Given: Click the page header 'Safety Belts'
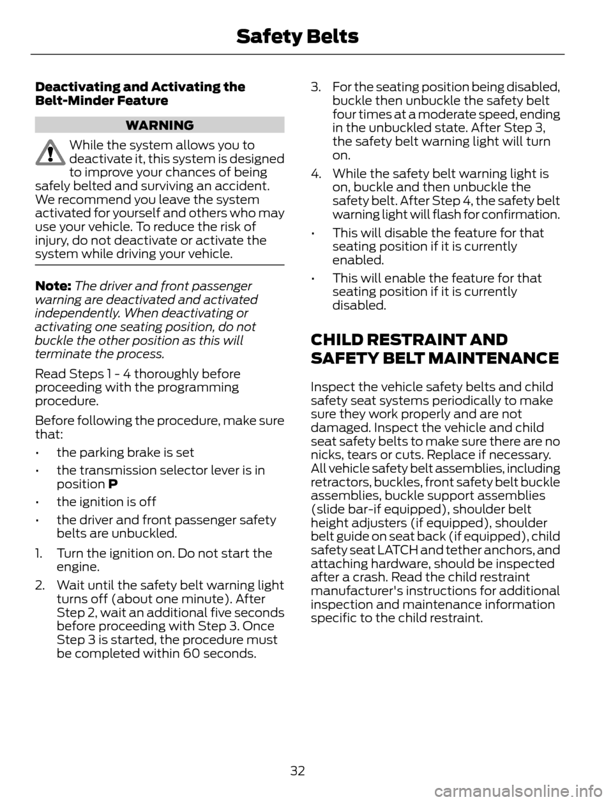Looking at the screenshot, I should pos(297,37).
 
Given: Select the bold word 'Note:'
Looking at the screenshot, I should pos(53,286).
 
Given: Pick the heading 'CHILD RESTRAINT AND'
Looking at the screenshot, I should pos(409,339).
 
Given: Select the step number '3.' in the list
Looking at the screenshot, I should pos(315,87).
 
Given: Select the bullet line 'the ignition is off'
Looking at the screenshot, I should pos(106,502).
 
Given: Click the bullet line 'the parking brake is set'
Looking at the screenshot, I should pos(125,452).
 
